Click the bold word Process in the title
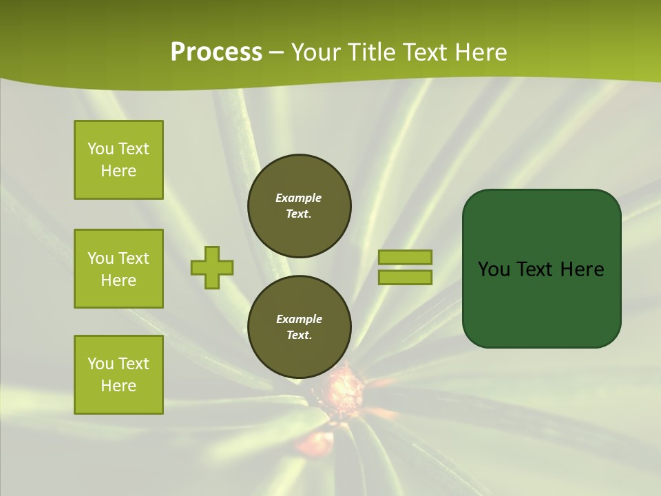tap(216, 52)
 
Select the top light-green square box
tap(118, 160)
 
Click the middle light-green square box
tap(118, 269)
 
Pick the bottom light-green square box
tap(118, 375)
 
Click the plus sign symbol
tap(212, 267)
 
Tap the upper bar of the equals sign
tap(406, 257)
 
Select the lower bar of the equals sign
tap(406, 277)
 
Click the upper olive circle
tap(300, 205)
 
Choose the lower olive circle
tap(300, 327)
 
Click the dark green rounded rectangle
tap(541, 269)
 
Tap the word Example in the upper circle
tap(299, 198)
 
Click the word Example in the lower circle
tap(299, 319)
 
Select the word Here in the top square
tap(118, 171)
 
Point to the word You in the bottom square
tap(101, 364)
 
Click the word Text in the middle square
tap(133, 258)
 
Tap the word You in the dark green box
tap(494, 269)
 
